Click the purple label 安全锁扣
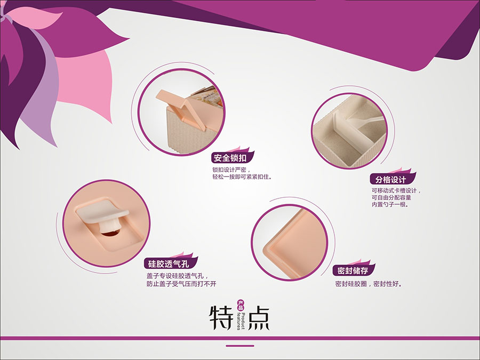pos(230,158)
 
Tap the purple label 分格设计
pos(391,179)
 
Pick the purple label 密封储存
pos(353,270)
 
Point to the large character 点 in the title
pos(257,317)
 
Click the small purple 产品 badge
pos(241,305)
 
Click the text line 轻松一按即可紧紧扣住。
pos(238,177)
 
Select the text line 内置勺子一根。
pos(389,204)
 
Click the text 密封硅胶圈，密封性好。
pos(368,284)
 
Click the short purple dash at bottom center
pos(239,346)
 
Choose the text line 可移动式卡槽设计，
pos(396,190)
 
